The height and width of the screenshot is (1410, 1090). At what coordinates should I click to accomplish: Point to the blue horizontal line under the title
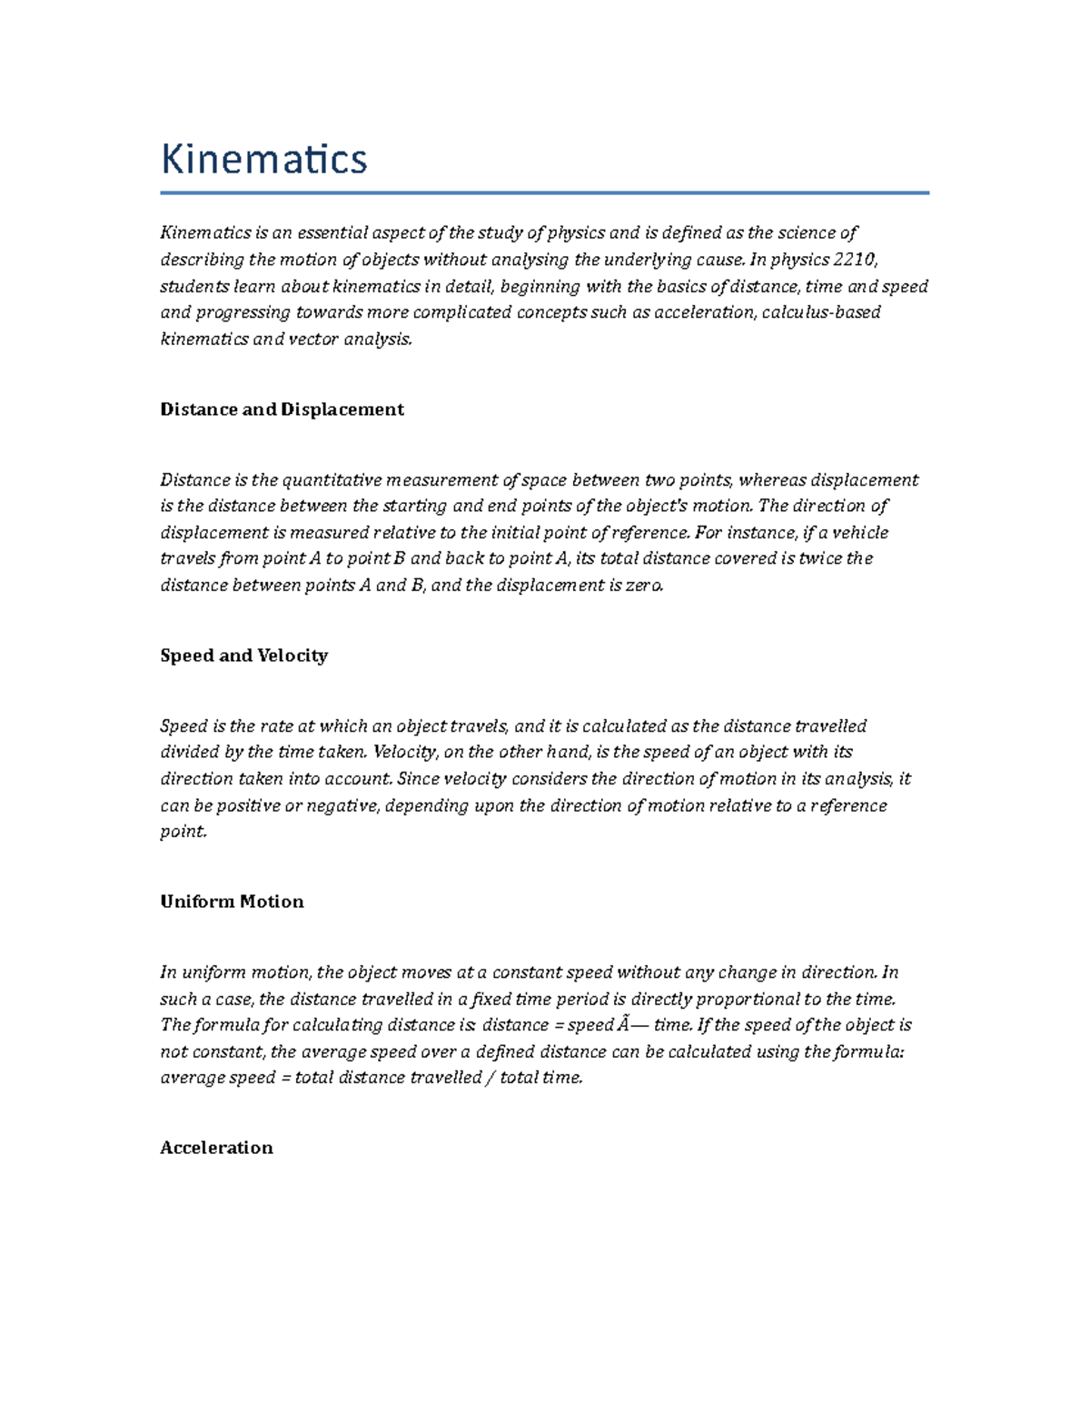(x=544, y=192)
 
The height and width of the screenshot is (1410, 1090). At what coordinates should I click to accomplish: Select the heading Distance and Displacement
(x=282, y=409)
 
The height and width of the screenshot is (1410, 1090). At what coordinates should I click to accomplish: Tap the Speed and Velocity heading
(x=243, y=656)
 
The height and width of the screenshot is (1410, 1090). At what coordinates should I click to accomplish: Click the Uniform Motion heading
(x=232, y=902)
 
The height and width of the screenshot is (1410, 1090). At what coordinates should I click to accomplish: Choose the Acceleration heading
(x=216, y=1148)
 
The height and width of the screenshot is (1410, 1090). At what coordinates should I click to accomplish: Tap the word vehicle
(x=860, y=532)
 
